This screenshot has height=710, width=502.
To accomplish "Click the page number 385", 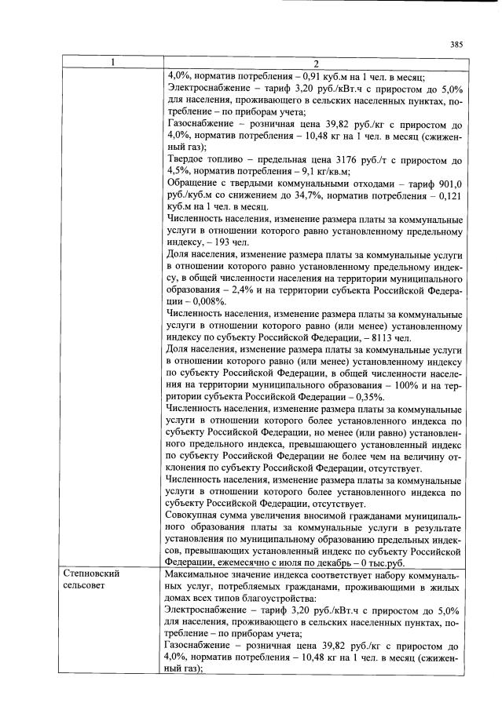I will (456, 45).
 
